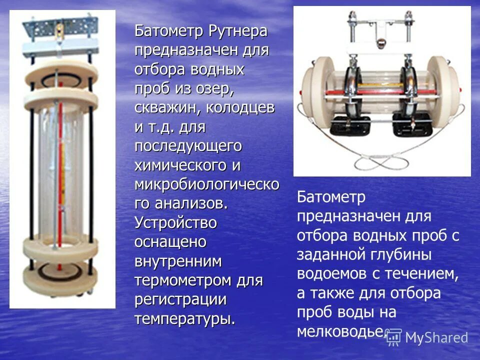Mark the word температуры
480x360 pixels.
[x=184, y=318]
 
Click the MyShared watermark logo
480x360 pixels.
[x=427, y=337]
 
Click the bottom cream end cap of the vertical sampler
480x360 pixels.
[x=61, y=269]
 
